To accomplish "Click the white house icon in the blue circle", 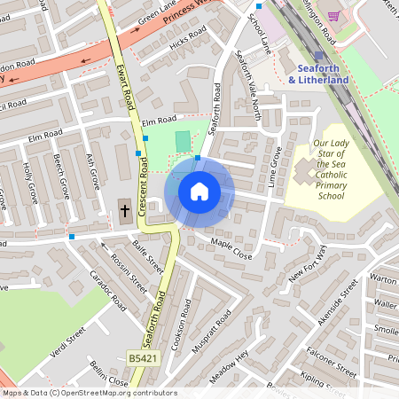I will (199, 191).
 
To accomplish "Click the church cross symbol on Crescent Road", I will (125, 211).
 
